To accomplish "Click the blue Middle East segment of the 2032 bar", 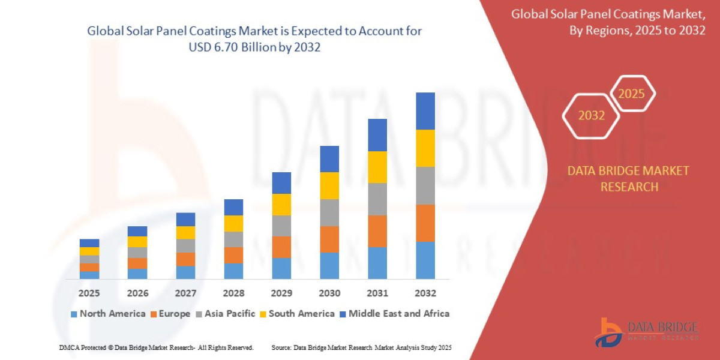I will pos(425,111).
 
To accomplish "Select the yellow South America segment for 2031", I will pos(377,167).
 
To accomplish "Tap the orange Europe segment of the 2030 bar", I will pos(329,239).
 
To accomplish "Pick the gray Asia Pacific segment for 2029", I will pos(281,226).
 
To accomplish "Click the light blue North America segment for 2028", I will pos(233,271).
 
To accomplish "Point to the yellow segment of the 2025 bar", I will pos(89,251).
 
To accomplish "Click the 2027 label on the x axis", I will pos(185,293).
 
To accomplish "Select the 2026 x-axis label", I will pos(137,293).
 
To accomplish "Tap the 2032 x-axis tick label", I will pos(425,293).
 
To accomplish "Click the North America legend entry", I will pos(108,314).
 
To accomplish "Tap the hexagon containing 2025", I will pos(631,94).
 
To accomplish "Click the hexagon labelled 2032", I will pos(591,115).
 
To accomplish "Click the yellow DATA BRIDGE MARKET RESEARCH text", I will pos(628,179).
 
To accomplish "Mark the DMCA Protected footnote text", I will pos(156,347).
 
